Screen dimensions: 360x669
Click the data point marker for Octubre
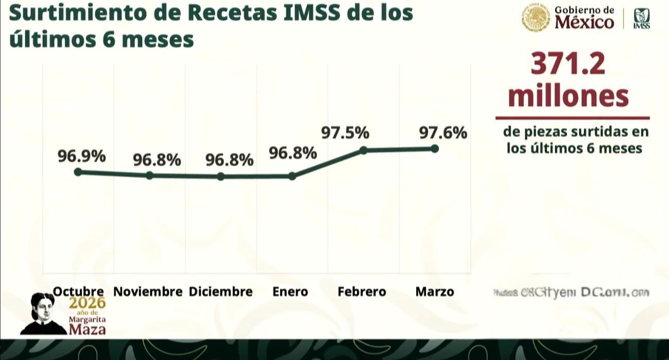pyautogui.click(x=78, y=172)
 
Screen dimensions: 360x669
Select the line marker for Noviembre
pyautogui.click(x=149, y=175)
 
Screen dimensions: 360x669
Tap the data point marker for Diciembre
pyautogui.click(x=221, y=176)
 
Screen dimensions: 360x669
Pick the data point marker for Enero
pyautogui.click(x=292, y=176)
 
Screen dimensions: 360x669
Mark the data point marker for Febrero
pyautogui.click(x=363, y=150)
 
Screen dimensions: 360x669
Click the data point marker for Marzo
pyautogui.click(x=434, y=149)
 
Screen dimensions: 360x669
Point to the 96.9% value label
pyautogui.click(x=81, y=155)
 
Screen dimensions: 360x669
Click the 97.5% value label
pyautogui.click(x=345, y=133)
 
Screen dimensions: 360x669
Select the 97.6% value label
pyautogui.click(x=443, y=133)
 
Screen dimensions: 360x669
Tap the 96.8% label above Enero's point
pyautogui.click(x=292, y=153)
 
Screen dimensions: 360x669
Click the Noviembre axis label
pyautogui.click(x=148, y=292)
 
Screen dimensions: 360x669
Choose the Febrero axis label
pyautogui.click(x=362, y=292)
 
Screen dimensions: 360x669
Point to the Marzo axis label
pyautogui.click(x=434, y=292)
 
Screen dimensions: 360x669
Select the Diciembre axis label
pyautogui.click(x=221, y=292)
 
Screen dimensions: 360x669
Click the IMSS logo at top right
pyautogui.click(x=641, y=19)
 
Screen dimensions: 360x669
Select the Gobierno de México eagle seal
pyautogui.click(x=536, y=18)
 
